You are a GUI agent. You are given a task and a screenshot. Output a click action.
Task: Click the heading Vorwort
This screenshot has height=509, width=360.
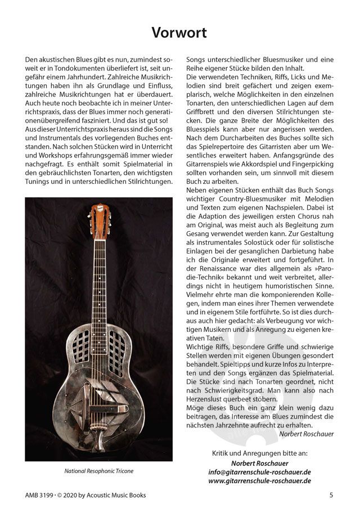[179, 33]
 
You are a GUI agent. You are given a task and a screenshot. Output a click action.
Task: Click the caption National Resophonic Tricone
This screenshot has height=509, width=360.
[91, 471]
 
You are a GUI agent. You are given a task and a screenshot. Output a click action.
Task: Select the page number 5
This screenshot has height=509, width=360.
[332, 495]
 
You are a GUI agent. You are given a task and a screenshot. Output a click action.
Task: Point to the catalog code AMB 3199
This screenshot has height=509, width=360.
[39, 495]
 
